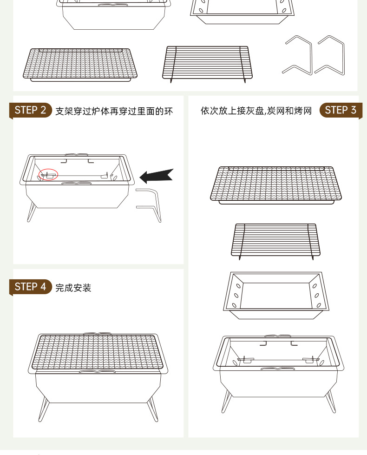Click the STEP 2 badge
click(x=31, y=110)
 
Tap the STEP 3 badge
click(x=340, y=110)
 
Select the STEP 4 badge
click(x=31, y=287)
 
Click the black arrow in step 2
click(x=156, y=176)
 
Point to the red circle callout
click(x=48, y=174)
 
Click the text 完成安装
click(x=73, y=288)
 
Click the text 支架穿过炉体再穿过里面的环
click(x=114, y=111)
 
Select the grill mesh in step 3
click(x=276, y=183)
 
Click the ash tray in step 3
click(x=276, y=293)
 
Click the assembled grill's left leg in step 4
click(x=44, y=409)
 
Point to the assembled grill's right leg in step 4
click(x=152, y=409)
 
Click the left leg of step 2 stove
click(x=31, y=211)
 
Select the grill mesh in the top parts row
click(x=80, y=63)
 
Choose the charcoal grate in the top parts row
click(x=207, y=62)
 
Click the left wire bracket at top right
click(x=298, y=56)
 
